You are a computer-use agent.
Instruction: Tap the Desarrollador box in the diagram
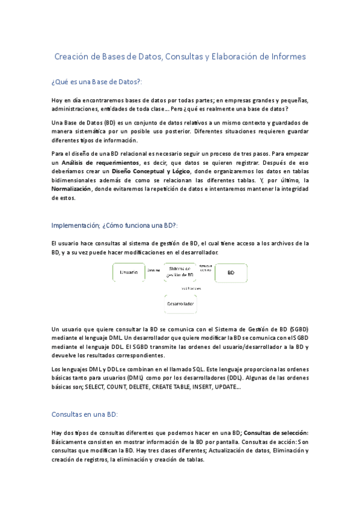(x=180, y=304)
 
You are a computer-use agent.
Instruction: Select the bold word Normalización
(x=71, y=188)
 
